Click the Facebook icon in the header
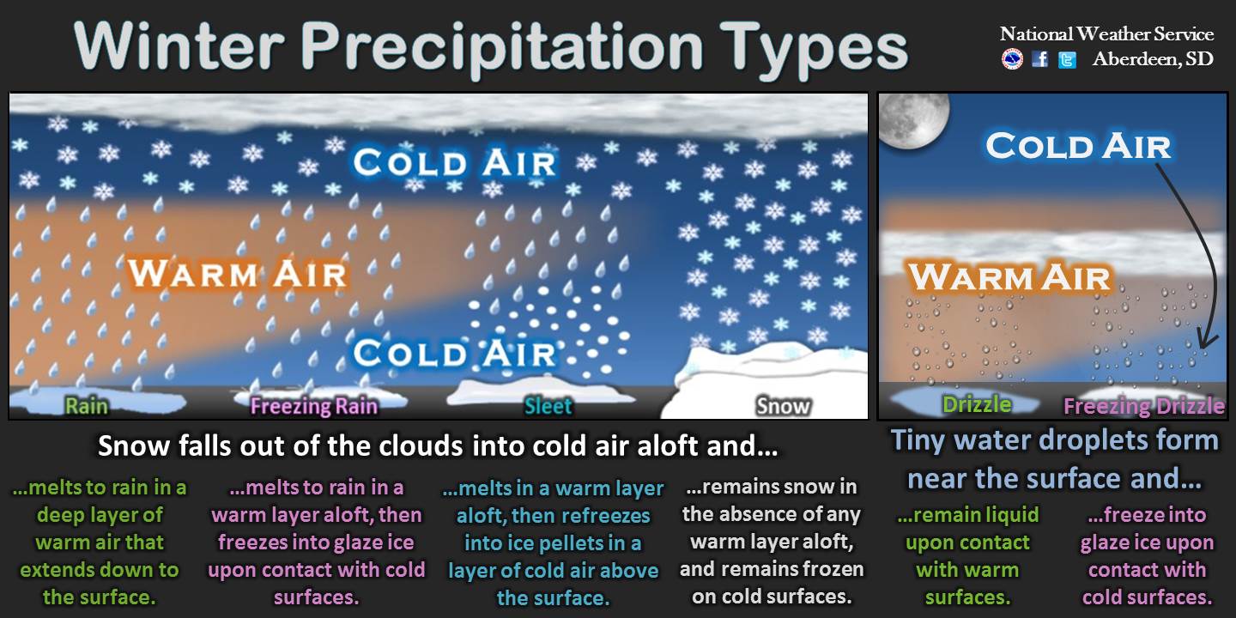click(1039, 58)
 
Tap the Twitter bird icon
click(1067, 59)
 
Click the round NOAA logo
click(1012, 58)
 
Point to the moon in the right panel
click(914, 120)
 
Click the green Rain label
click(86, 405)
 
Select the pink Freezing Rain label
click(314, 406)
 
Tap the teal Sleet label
click(548, 406)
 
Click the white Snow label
click(783, 406)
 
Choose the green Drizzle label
click(977, 404)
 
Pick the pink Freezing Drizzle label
click(1144, 406)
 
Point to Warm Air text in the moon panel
click(1009, 276)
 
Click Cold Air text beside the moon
click(1078, 146)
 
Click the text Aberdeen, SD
click(1153, 58)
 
